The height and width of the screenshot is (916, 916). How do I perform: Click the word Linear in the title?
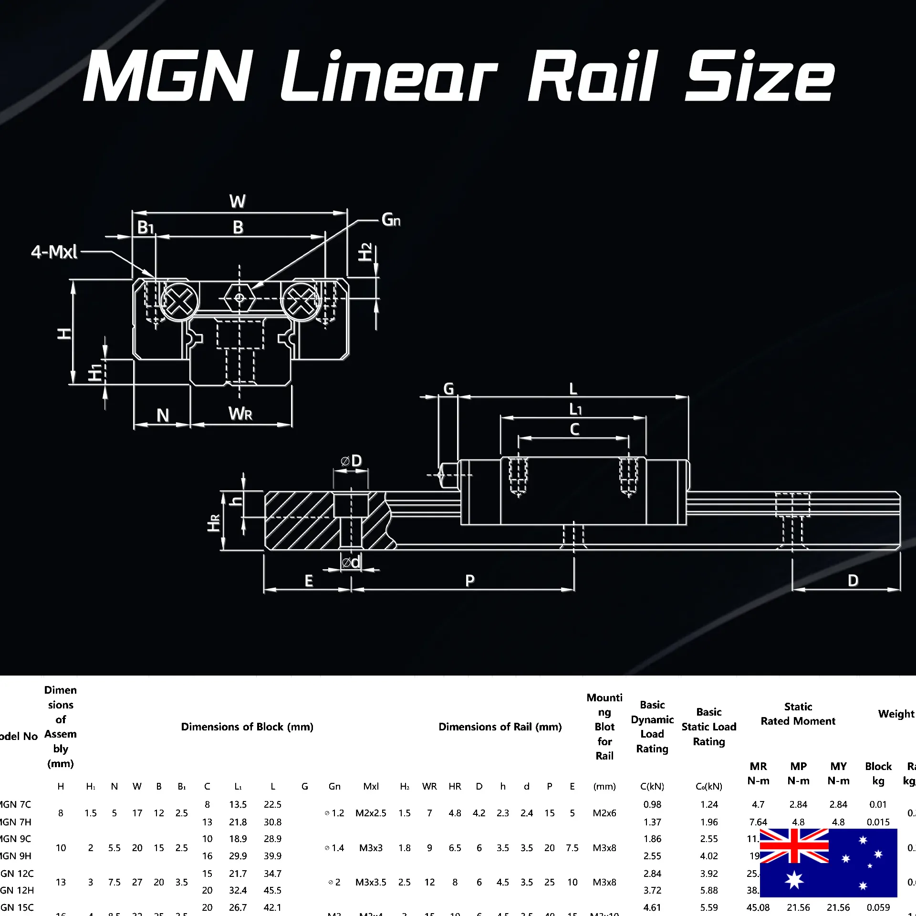(389, 76)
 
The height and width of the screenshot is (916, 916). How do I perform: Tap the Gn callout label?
(391, 220)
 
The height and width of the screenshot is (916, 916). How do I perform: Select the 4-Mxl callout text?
(54, 251)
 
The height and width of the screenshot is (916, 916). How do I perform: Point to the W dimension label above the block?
(238, 201)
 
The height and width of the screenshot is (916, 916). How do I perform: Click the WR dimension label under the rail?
(240, 414)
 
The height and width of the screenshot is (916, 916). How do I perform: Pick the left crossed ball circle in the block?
(179, 302)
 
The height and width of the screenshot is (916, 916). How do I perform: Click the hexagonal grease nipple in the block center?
(239, 299)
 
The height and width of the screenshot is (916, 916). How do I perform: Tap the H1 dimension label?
(95, 373)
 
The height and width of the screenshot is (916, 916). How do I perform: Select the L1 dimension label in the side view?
(575, 409)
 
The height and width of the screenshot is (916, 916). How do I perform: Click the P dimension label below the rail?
(470, 581)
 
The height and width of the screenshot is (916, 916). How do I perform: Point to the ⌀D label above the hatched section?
(352, 461)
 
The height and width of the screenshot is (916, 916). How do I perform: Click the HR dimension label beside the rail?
(214, 522)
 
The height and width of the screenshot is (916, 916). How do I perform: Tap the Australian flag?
(828, 863)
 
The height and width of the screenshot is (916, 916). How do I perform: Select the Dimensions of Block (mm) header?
(247, 727)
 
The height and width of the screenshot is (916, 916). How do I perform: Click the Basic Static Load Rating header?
(708, 727)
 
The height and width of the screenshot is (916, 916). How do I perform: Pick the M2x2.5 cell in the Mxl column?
(371, 813)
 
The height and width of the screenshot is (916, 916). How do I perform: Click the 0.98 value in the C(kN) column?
(652, 804)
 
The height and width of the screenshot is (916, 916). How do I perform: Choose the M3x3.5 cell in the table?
(371, 882)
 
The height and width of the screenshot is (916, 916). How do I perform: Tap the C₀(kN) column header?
(708, 786)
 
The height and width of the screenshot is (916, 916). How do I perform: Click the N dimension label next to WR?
(163, 415)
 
